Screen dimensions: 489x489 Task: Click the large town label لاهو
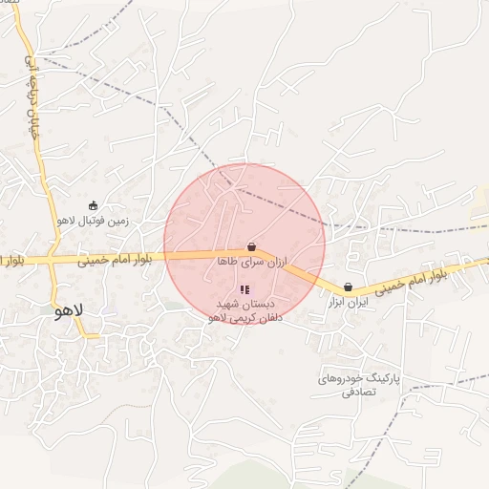[x=71, y=311]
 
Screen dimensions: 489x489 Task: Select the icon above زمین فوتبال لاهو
[x=93, y=205]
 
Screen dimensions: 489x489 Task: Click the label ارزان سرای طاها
[x=252, y=261]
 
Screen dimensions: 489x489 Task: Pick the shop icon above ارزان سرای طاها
[x=251, y=246]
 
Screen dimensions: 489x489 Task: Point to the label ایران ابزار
[x=348, y=302]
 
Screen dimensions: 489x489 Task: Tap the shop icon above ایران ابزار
[x=348, y=287]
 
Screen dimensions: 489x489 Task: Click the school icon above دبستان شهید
[x=244, y=288]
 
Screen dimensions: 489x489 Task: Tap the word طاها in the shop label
[x=226, y=261]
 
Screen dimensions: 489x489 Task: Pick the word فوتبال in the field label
[x=100, y=222]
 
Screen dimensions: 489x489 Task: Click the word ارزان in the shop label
[x=275, y=261]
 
